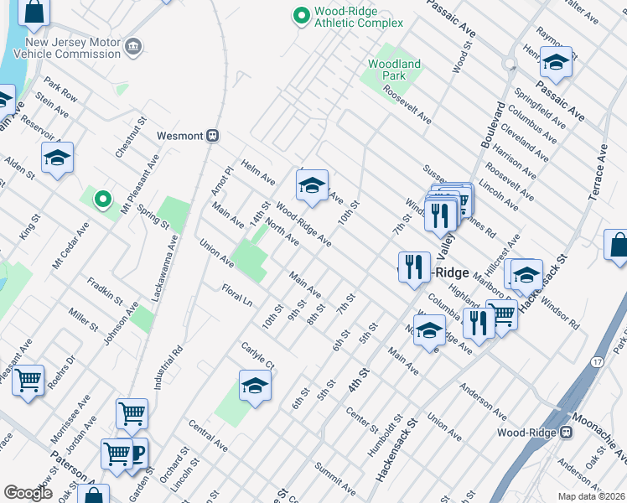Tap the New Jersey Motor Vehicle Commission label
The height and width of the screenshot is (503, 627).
coord(73,48)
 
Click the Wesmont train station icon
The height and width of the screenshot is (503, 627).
coord(214,135)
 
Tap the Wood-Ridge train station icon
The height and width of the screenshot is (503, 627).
coord(566,433)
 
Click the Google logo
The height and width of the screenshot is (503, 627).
coord(28,493)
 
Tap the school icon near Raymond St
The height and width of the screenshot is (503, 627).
coord(555,62)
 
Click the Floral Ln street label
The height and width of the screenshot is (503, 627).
coord(237,294)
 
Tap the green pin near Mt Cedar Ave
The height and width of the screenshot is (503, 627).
coord(102,199)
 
